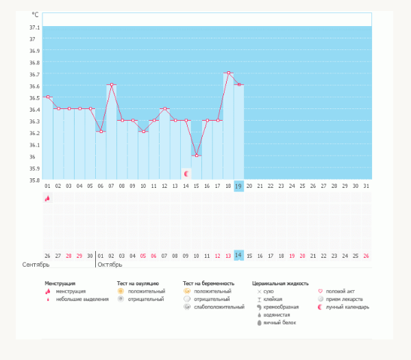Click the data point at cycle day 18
click(229, 73)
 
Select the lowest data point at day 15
click(197, 156)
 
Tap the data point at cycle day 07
click(112, 84)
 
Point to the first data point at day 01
click(48, 97)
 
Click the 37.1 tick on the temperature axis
click(35, 27)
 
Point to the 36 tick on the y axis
click(32, 156)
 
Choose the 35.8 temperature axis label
click(35, 180)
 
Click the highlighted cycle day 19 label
click(238, 186)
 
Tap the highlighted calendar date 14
click(238, 255)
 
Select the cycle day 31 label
click(366, 186)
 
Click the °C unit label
click(35, 14)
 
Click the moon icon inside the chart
click(186, 173)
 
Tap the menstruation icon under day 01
click(47, 198)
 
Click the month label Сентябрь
click(36, 265)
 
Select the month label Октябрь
click(110, 265)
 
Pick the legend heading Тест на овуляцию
click(138, 283)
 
